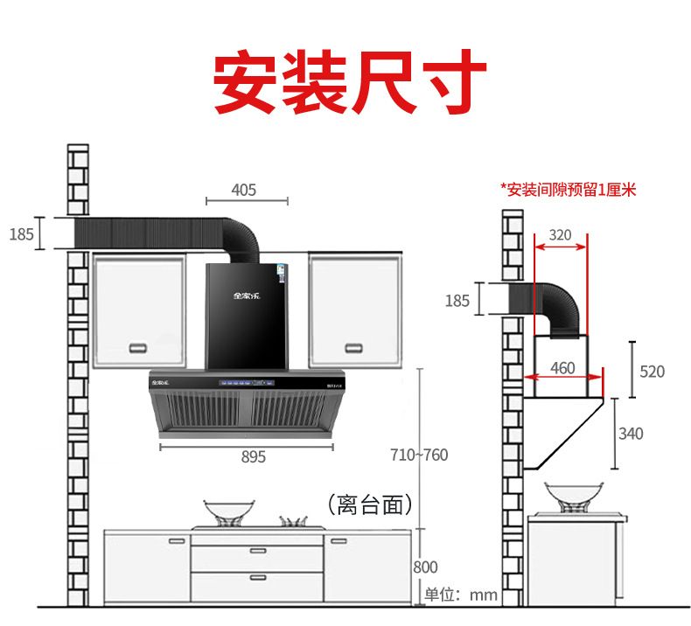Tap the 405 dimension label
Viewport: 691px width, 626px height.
click(x=244, y=189)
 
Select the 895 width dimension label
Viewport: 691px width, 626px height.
click(x=254, y=456)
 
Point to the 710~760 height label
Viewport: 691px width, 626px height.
click(x=420, y=455)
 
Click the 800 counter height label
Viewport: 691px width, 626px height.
click(x=426, y=567)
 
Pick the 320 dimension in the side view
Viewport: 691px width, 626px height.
click(x=560, y=234)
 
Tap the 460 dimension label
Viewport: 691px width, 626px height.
click(x=562, y=368)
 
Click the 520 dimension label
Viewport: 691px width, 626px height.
click(x=652, y=372)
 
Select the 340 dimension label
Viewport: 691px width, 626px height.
click(x=630, y=434)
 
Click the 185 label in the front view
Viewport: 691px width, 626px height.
click(x=22, y=233)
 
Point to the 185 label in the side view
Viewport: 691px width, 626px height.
click(x=457, y=301)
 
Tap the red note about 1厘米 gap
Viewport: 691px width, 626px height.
click(x=569, y=189)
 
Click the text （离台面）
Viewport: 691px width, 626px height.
click(x=369, y=504)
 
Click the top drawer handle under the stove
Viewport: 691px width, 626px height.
click(x=257, y=551)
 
